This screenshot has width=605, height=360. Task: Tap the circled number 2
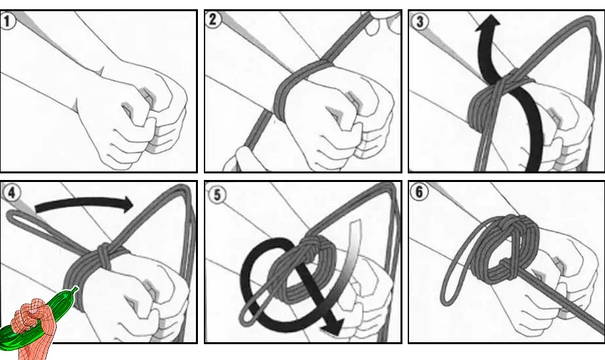[213, 19]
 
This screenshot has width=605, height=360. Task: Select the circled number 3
[420, 22]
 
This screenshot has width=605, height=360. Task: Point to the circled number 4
[11, 193]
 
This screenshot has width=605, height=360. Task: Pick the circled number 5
[217, 195]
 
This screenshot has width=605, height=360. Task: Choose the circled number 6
[420, 192]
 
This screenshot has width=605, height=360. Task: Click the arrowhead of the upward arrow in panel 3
[488, 23]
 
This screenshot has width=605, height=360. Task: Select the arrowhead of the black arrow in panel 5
[333, 326]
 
